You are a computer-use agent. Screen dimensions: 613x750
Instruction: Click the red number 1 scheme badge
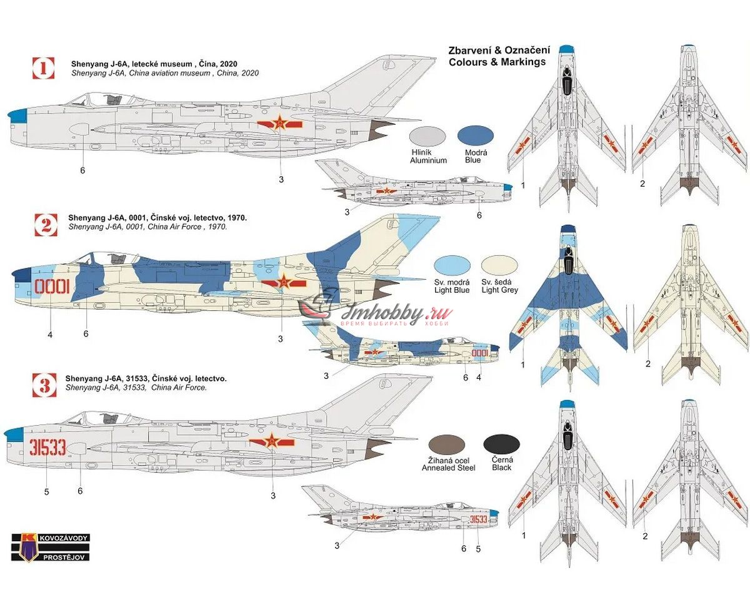tap(43, 68)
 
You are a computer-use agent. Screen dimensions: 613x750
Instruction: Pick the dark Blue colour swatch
tap(476, 136)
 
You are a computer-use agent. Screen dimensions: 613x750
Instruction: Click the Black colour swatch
tap(501, 444)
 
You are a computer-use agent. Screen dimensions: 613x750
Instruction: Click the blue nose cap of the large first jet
tap(16, 114)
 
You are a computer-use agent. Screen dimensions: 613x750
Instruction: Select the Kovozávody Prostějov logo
tap(50, 547)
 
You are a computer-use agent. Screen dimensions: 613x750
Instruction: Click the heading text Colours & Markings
tap(497, 62)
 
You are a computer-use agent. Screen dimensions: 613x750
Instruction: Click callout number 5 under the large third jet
tap(46, 492)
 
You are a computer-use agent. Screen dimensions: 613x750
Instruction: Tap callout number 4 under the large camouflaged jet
tap(50, 335)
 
